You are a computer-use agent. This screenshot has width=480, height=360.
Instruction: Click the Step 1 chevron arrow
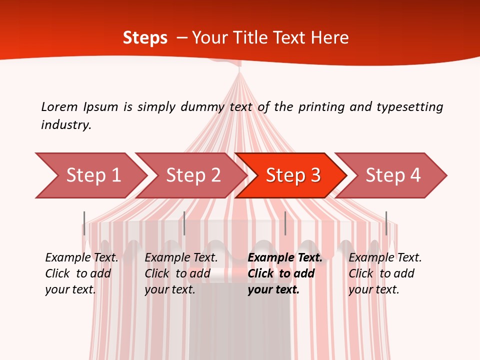92,175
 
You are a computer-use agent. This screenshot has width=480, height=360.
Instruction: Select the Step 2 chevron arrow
192,175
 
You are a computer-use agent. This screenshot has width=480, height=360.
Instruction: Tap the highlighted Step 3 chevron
292,175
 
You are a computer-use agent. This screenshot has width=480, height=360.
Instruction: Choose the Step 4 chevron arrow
392,175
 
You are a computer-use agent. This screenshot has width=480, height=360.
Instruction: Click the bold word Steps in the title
145,37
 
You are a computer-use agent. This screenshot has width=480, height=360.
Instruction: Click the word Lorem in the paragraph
59,106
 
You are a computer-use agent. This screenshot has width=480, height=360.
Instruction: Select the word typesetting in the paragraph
409,107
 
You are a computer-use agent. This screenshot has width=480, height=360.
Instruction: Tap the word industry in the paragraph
66,125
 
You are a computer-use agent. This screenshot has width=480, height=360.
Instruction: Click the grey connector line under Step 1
84,223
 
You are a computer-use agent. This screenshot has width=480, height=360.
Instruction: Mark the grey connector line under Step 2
184,223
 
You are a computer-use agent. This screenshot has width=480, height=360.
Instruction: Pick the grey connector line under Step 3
285,223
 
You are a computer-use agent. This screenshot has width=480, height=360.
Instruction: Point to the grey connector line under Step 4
386,223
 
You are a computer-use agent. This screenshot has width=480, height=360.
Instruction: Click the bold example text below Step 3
284,273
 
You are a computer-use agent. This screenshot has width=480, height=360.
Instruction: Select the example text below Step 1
81,273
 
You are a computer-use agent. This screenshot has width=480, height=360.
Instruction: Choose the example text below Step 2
181,273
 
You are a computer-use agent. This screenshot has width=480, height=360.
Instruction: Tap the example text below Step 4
385,273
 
